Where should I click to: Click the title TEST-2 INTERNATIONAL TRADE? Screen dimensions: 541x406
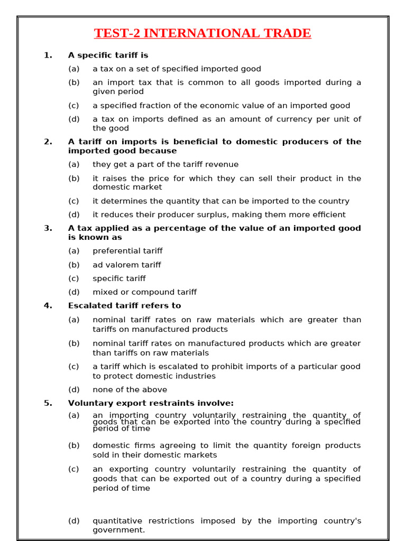tap(202, 33)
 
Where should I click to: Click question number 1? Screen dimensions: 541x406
tap(48, 55)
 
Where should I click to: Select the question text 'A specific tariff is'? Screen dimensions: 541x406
tap(108, 55)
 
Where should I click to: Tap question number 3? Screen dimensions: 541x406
tap(48, 228)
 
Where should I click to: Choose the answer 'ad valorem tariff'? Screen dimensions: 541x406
tap(127, 265)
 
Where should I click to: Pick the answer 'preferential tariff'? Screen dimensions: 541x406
tap(127, 251)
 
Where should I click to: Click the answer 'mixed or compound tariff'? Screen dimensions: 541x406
tap(144, 292)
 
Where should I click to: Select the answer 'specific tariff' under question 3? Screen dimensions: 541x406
tap(119, 278)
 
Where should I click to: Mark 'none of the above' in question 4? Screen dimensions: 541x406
tap(130, 389)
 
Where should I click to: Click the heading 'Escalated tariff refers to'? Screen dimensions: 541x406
tap(124, 305)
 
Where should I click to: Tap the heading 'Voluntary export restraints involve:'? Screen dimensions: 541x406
tap(151, 403)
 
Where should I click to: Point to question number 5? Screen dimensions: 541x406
tap(48, 403)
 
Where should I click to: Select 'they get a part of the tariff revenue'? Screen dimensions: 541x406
tap(165, 164)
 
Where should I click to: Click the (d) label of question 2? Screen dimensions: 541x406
tap(73, 214)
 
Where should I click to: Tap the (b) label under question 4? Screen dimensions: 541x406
tap(73, 343)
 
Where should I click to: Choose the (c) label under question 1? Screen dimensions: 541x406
tap(73, 106)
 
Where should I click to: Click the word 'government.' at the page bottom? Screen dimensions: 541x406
tap(118, 530)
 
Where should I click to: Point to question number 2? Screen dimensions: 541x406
tap(48, 142)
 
